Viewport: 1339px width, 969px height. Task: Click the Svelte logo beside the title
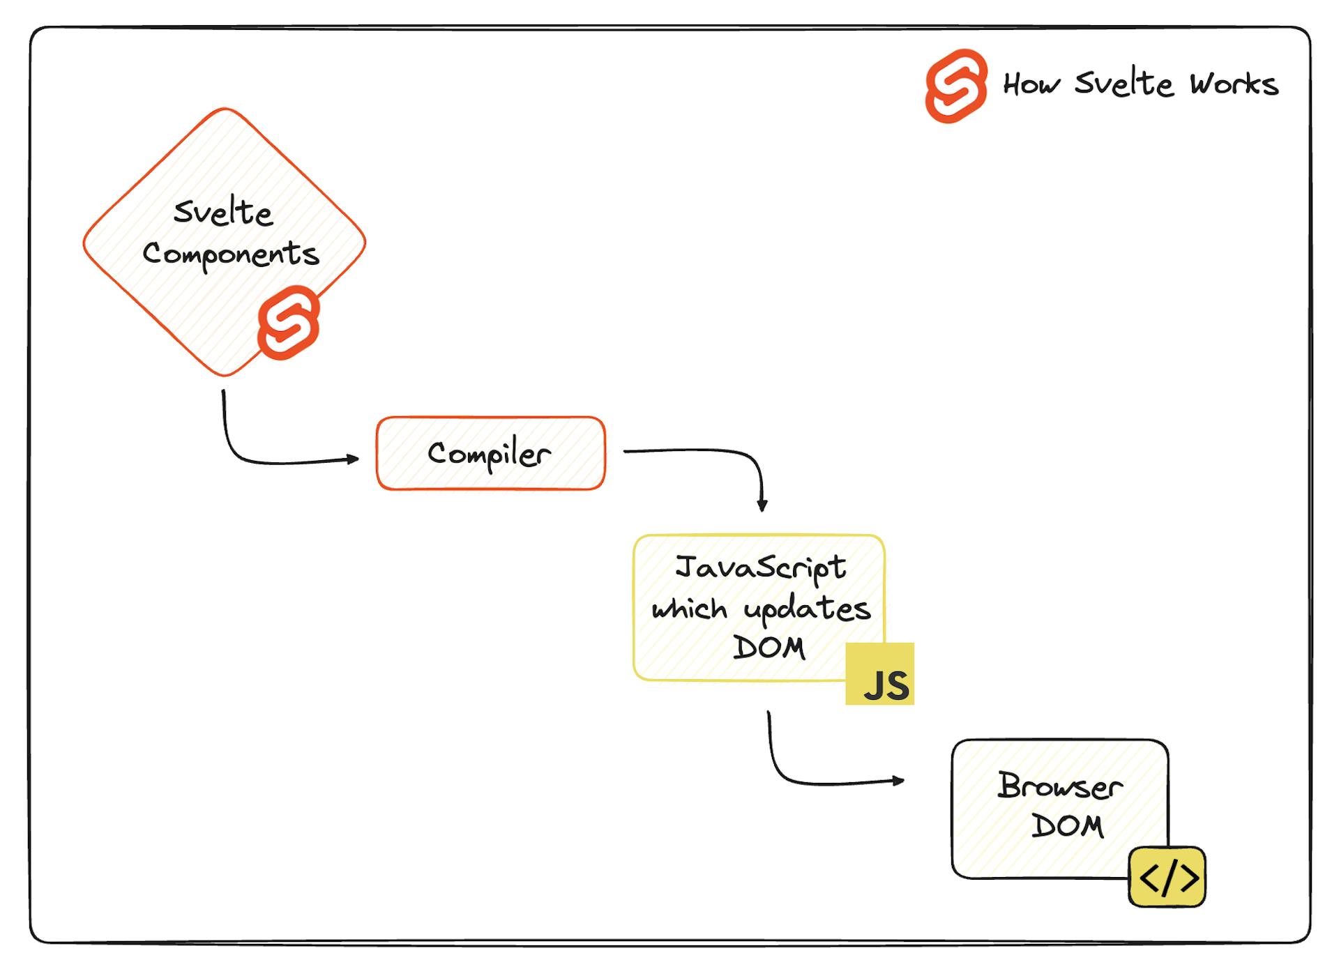(x=956, y=86)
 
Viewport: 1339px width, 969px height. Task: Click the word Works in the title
(x=1234, y=84)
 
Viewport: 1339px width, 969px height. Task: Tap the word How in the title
(x=1031, y=84)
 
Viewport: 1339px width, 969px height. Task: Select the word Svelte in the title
(x=1124, y=84)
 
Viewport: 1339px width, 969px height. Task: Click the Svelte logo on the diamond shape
(x=289, y=323)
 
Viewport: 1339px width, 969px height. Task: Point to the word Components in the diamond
(x=231, y=254)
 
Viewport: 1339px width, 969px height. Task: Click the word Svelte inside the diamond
(x=223, y=212)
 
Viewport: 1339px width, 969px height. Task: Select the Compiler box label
(x=490, y=455)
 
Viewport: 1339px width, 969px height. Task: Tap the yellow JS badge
(x=880, y=674)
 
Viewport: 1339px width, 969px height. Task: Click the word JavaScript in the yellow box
(x=760, y=567)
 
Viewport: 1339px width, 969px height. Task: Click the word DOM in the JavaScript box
(x=769, y=648)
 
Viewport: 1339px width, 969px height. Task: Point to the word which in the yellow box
(x=689, y=609)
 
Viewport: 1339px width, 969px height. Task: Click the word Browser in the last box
(x=1060, y=786)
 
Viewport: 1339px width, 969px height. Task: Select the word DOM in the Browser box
(x=1067, y=827)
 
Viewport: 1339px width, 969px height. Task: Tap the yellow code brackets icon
(x=1167, y=877)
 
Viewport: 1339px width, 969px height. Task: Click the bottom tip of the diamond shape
(x=225, y=374)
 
